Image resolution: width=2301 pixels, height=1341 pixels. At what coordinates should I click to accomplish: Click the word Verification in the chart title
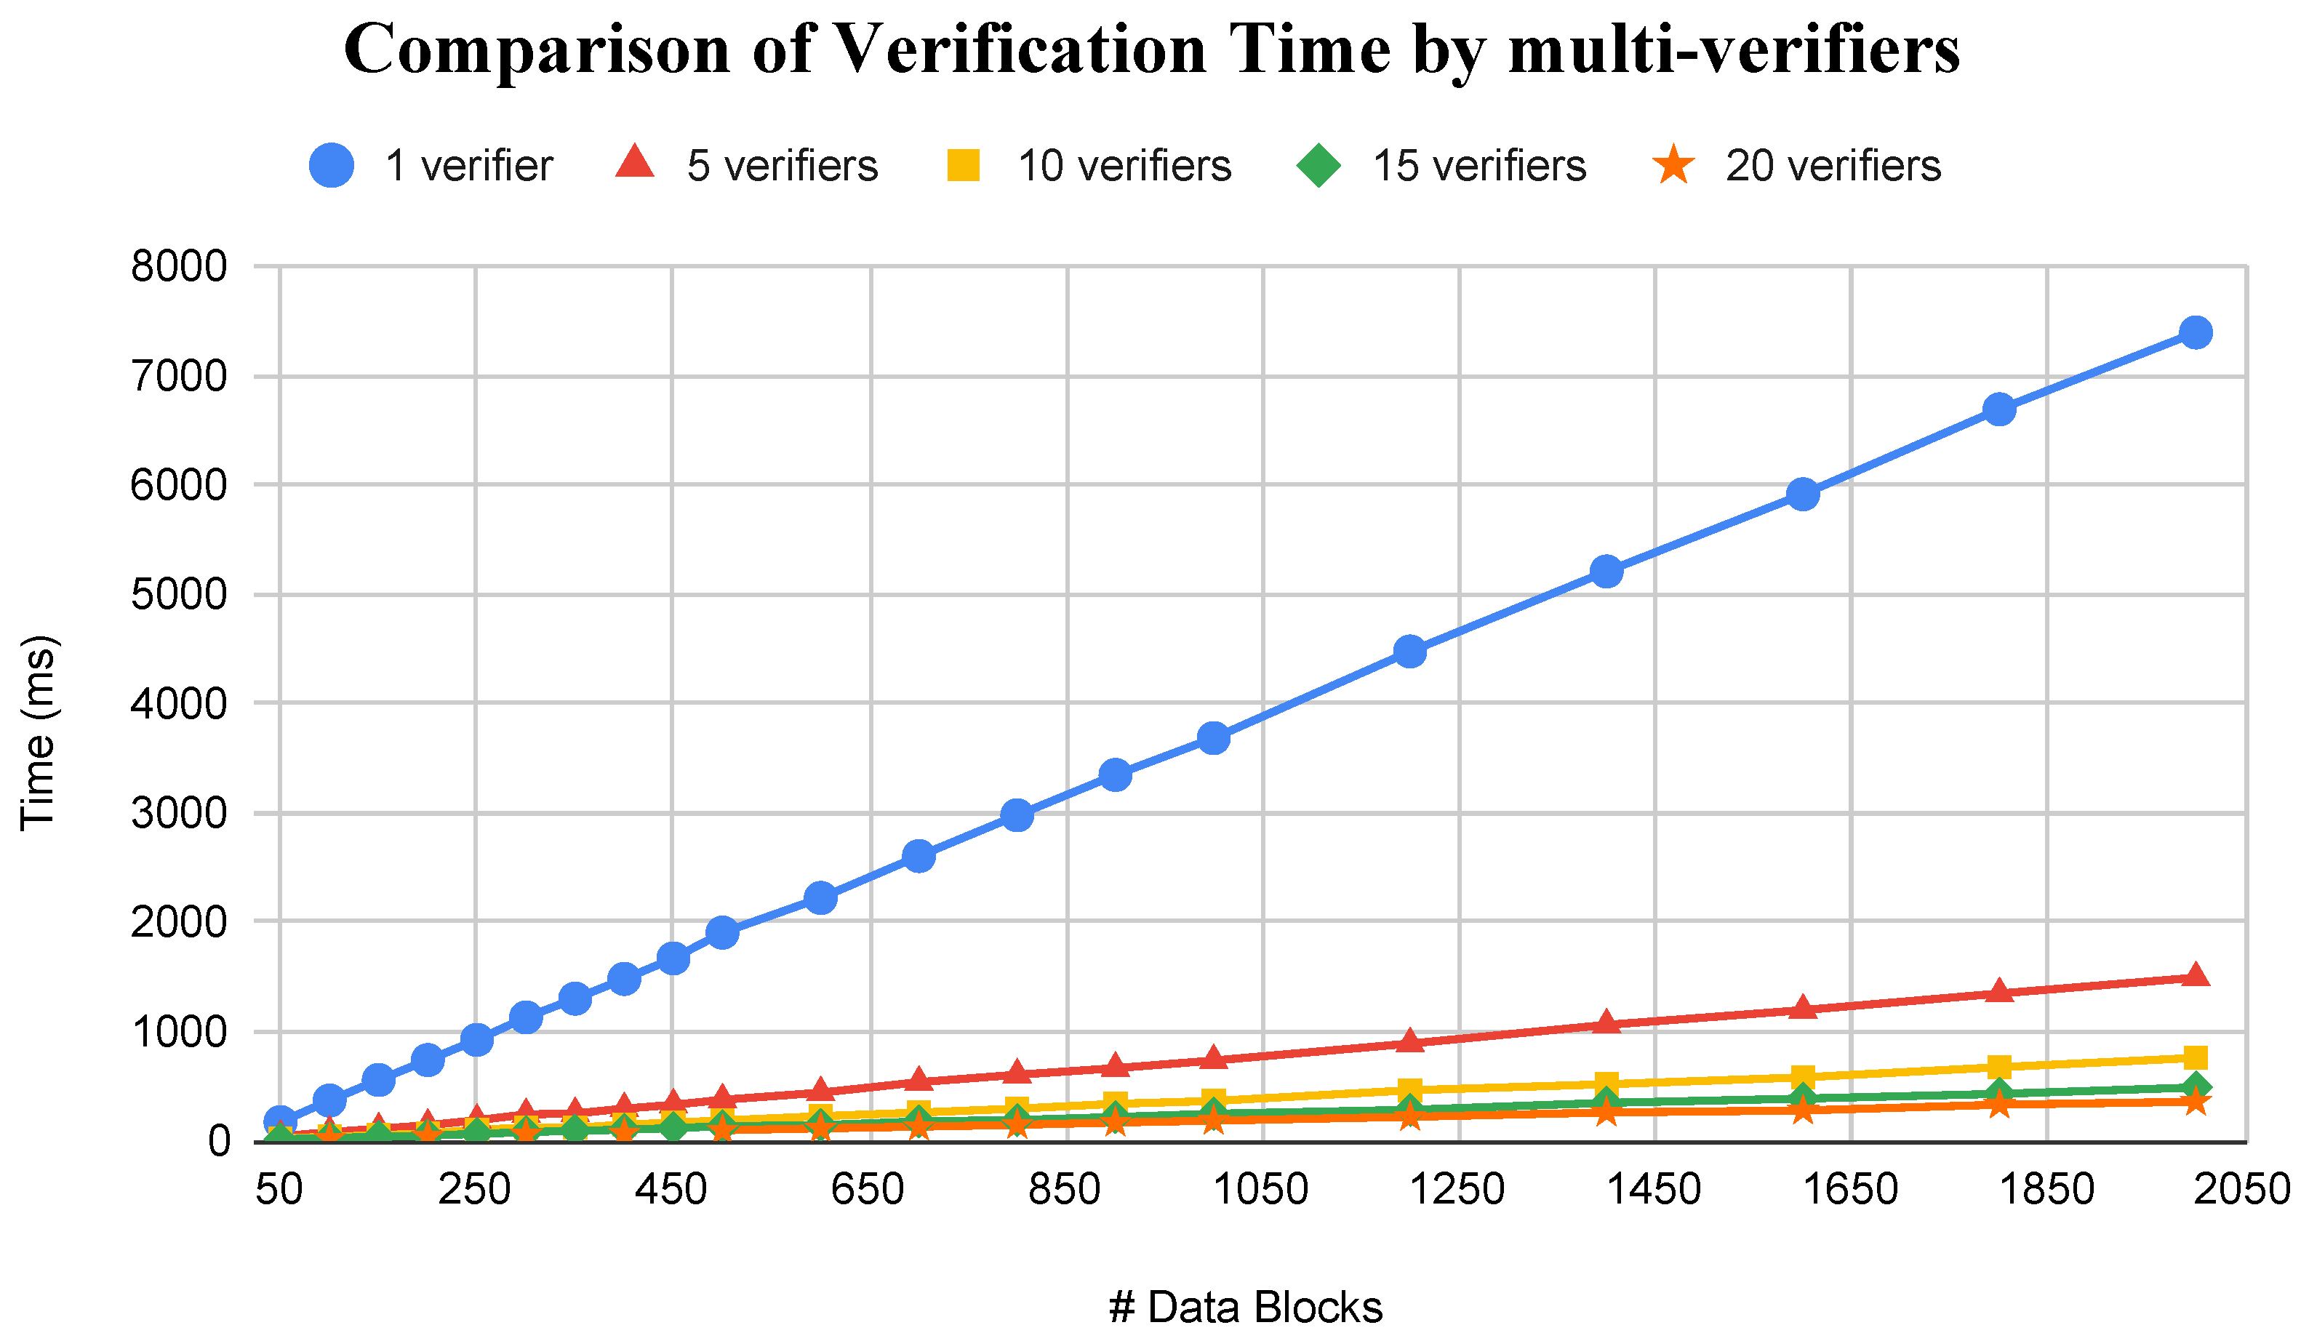[1021, 49]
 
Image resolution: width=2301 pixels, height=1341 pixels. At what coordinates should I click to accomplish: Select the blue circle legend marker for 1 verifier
[332, 165]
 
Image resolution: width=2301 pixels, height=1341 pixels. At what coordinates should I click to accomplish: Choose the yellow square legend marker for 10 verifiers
[964, 165]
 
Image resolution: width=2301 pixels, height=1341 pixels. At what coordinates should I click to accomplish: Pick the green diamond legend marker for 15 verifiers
[1318, 165]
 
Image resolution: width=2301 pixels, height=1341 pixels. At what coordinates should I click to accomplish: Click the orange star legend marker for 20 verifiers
[1673, 165]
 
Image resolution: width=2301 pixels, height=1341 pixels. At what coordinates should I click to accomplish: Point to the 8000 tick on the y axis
[179, 267]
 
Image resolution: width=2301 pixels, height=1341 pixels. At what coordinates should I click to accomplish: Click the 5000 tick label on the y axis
[179, 595]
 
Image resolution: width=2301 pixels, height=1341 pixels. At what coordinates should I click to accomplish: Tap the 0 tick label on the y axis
[219, 1141]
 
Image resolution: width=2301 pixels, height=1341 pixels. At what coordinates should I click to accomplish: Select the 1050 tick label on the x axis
[1261, 1190]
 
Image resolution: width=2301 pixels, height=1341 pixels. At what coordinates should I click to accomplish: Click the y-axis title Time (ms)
[39, 733]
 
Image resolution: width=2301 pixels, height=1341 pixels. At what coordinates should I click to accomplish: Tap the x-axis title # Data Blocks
[1246, 1308]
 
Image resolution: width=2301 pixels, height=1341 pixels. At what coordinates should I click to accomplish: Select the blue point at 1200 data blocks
[1410, 651]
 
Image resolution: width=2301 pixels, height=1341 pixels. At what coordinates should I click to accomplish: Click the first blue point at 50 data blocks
[279, 1121]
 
